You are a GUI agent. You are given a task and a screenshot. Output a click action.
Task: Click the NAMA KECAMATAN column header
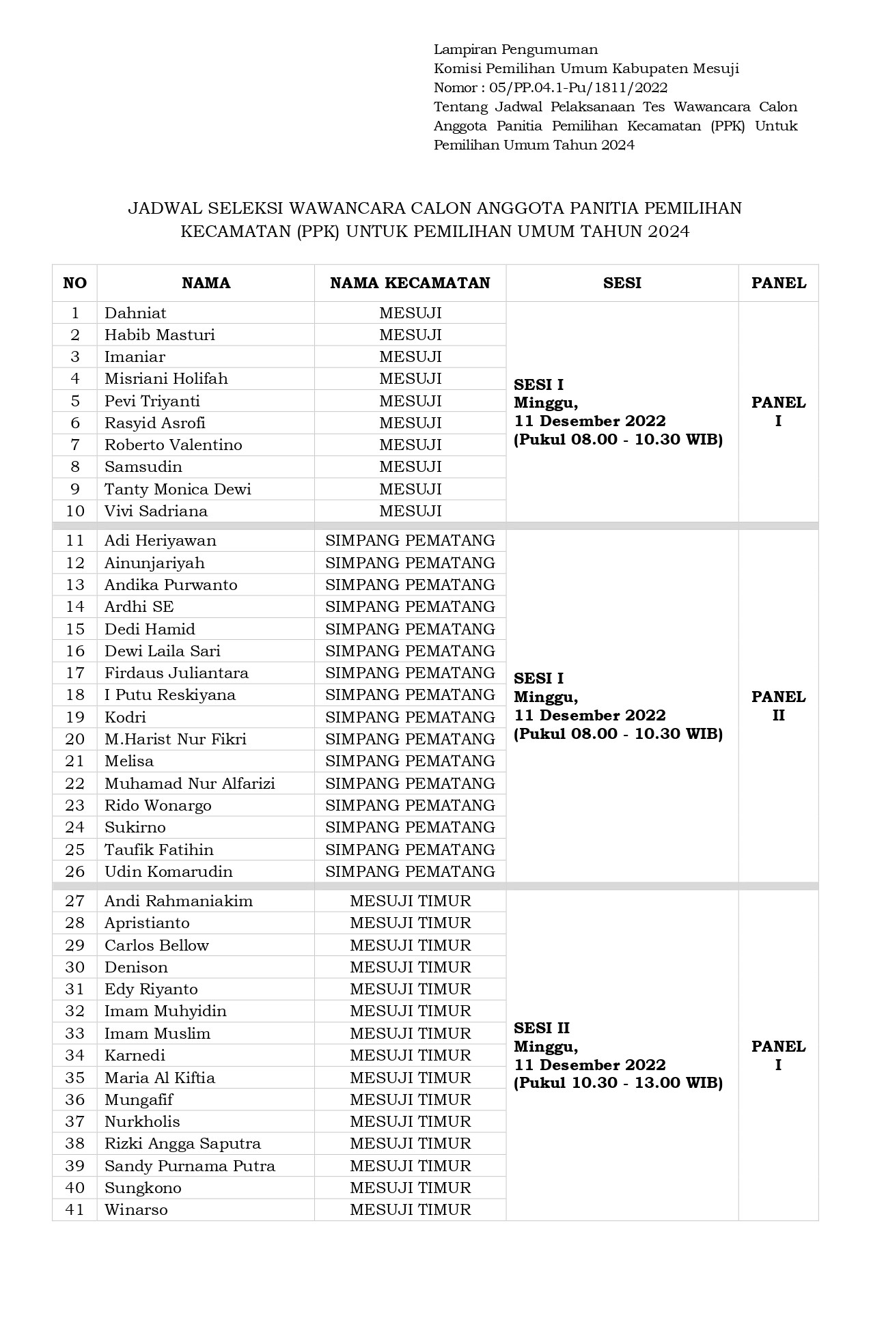[410, 283]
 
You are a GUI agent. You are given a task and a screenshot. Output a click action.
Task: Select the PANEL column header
[778, 283]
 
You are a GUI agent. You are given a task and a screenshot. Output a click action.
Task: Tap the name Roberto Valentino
[174, 445]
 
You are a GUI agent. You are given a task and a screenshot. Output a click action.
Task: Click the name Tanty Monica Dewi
[178, 489]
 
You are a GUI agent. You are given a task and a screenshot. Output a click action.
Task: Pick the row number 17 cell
[75, 673]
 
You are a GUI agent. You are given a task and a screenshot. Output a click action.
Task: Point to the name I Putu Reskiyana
[170, 695]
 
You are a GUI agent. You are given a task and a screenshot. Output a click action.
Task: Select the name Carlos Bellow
[156, 945]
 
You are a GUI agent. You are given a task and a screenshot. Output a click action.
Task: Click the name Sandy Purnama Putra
[190, 1166]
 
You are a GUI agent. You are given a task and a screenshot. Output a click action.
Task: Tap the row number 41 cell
[75, 1209]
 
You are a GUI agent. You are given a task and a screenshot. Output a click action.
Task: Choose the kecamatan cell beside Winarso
[410, 1209]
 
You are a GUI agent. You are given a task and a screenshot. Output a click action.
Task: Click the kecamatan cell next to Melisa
[410, 761]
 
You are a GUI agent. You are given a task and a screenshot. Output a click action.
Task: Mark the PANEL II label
[778, 706]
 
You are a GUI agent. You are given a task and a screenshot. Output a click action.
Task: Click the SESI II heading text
[542, 1028]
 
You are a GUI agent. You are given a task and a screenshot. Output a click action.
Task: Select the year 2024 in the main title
[669, 232]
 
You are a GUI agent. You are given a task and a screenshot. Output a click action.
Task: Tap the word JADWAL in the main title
[161, 208]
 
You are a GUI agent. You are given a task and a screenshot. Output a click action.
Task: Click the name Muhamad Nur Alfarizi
[190, 783]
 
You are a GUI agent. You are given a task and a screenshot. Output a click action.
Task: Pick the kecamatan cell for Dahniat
[410, 313]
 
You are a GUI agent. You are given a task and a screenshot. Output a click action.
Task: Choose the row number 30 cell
[75, 967]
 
